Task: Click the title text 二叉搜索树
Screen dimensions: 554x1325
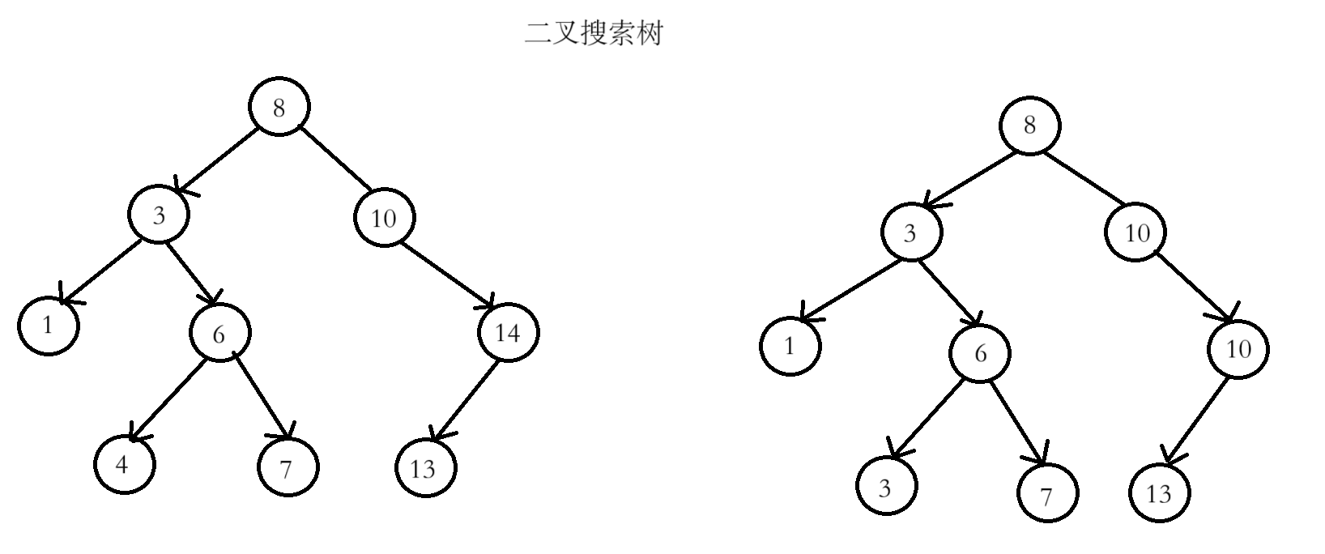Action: pos(594,34)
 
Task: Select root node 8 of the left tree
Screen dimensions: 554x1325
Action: pos(279,108)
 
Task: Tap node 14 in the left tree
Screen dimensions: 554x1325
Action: pos(508,332)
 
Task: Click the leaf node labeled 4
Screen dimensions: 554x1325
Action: pos(123,465)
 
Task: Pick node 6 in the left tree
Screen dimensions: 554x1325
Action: pos(219,333)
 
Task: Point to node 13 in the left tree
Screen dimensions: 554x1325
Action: pos(426,468)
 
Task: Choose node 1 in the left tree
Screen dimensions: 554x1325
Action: pos(49,326)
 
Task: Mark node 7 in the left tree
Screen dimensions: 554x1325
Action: pos(288,467)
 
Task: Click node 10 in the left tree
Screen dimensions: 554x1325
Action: pos(384,217)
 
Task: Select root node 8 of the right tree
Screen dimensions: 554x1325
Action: pos(1029,126)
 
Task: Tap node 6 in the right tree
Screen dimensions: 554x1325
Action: pos(981,353)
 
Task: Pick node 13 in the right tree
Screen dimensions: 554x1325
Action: pos(1160,492)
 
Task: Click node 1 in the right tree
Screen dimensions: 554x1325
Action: pos(790,346)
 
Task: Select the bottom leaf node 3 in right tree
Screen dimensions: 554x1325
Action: pos(886,487)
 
